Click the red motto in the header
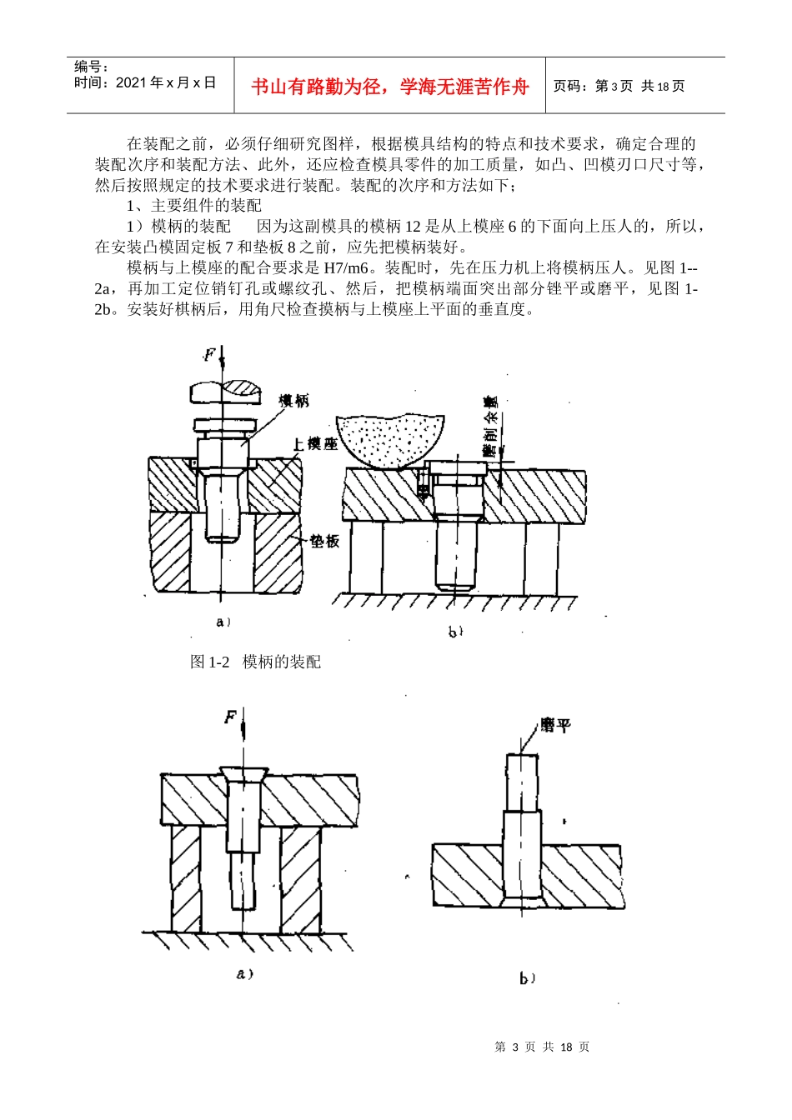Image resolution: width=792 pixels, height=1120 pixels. tap(389, 86)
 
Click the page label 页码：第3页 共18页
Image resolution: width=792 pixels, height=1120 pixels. tap(619, 86)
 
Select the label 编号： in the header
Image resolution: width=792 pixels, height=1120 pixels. tap(91, 67)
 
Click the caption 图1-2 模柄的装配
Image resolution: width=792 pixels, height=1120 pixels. tap(255, 662)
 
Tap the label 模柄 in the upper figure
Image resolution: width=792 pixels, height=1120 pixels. tap(293, 401)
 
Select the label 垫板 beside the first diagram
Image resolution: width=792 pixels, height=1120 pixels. tap(325, 541)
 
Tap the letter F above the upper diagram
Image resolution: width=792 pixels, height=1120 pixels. tap(210, 355)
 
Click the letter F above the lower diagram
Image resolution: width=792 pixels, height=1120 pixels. tap(231, 716)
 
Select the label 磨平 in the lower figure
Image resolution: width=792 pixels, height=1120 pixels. tap(555, 725)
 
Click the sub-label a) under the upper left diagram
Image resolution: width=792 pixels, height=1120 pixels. tap(223, 622)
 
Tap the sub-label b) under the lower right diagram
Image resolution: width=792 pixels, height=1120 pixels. tap(527, 978)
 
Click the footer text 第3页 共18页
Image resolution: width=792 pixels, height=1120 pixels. tap(542, 1047)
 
